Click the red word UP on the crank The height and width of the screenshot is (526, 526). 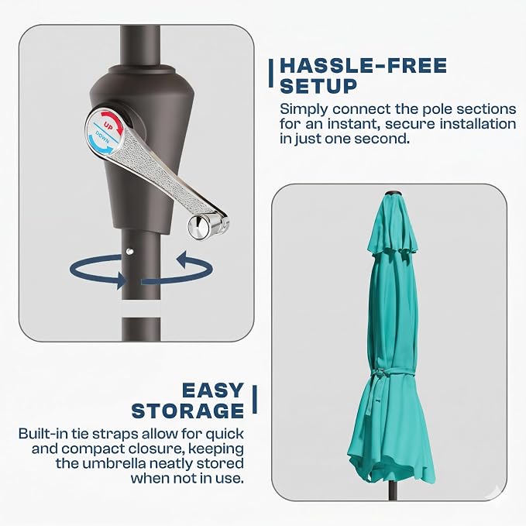[x=108, y=126]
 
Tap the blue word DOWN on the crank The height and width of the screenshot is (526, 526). [x=102, y=137]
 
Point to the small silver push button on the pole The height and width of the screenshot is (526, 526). [x=130, y=250]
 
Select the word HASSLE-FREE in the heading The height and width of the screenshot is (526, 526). [x=363, y=65]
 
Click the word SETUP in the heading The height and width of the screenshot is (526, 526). [x=318, y=86]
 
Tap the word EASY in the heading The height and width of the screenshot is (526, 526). [x=213, y=390]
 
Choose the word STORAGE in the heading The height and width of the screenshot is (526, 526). [x=187, y=411]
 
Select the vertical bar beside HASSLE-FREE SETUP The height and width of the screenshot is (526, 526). [x=270, y=74]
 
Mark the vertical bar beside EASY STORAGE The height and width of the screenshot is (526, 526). [x=255, y=399]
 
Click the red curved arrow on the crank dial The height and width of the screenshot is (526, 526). [x=113, y=120]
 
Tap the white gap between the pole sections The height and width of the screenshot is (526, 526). [x=141, y=309]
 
